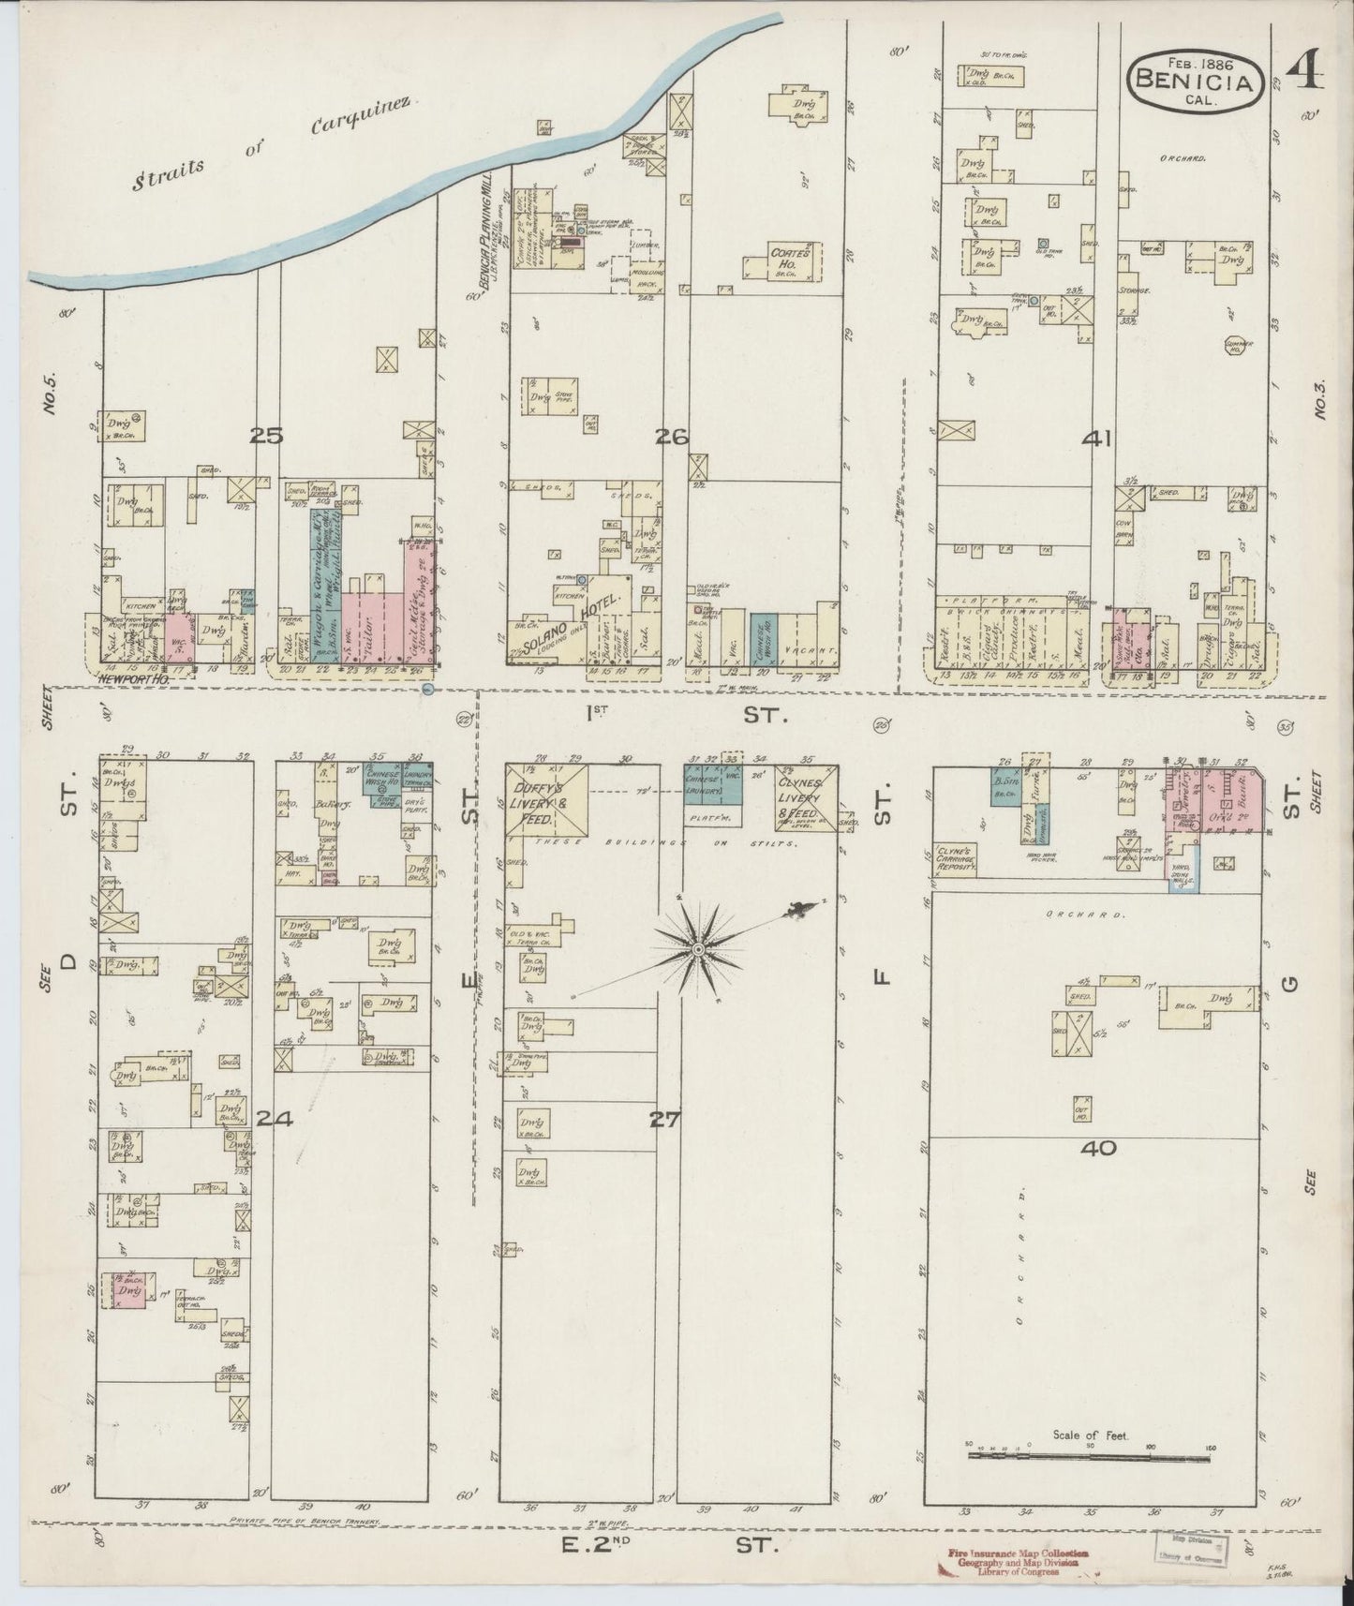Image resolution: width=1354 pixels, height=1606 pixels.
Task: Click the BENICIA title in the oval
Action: (1192, 81)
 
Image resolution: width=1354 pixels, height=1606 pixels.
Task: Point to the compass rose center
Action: (698, 950)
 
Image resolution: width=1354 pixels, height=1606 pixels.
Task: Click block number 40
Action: (1098, 1147)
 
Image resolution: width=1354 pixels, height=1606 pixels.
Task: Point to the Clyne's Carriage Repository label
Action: (957, 861)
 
